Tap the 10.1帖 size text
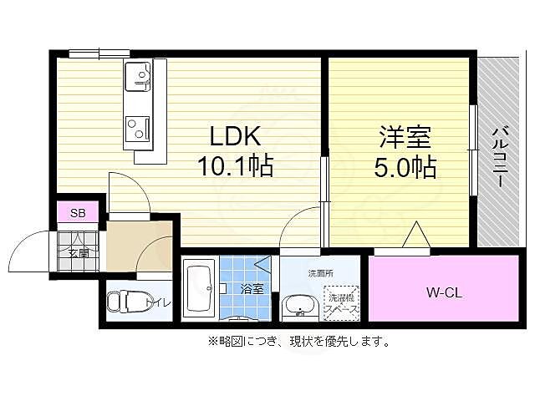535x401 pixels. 235,166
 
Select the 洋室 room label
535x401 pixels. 404,136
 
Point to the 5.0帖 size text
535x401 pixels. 405,168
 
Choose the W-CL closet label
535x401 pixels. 445,293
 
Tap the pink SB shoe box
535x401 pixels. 78,213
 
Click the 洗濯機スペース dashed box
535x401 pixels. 342,303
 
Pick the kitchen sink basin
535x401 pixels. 139,79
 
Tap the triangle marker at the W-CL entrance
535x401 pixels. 416,236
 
